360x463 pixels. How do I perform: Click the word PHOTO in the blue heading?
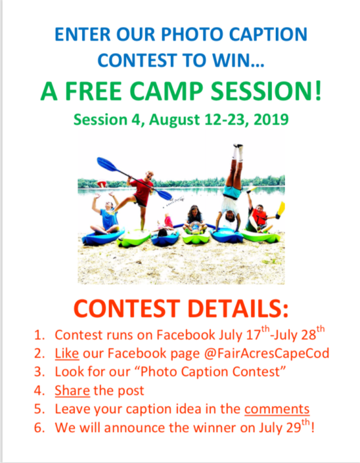coord(193,34)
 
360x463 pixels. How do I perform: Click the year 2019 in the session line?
coord(271,120)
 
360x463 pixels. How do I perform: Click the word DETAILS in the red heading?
coord(237,309)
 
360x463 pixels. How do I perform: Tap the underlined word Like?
coord(67,353)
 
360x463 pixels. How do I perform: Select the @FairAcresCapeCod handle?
coord(266,353)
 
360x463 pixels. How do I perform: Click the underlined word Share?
coord(72,390)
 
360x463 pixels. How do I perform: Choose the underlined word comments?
coord(277,409)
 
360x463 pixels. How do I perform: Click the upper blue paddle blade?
coord(107,164)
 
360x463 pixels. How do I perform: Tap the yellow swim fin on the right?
coord(281,208)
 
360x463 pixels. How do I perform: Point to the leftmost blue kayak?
coord(102,237)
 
